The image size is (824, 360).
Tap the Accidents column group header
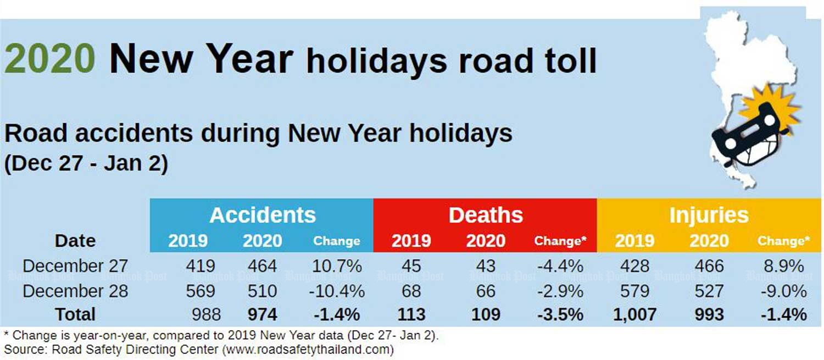pyautogui.click(x=263, y=215)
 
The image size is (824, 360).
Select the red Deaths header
pyautogui.click(x=486, y=215)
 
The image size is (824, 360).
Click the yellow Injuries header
pyautogui.click(x=709, y=215)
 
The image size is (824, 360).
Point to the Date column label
pyautogui.click(x=75, y=241)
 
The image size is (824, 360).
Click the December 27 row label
pyautogui.click(x=75, y=266)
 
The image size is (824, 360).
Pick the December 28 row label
pyautogui.click(x=75, y=291)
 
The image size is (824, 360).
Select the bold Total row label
pyautogui.click(x=75, y=314)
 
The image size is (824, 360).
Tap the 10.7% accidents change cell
pyautogui.click(x=337, y=266)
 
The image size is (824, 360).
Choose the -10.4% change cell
pyautogui.click(x=337, y=291)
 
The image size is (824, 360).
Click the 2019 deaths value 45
pyautogui.click(x=411, y=266)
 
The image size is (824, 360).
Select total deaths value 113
pyautogui.click(x=411, y=314)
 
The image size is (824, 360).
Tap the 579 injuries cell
pyautogui.click(x=634, y=291)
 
